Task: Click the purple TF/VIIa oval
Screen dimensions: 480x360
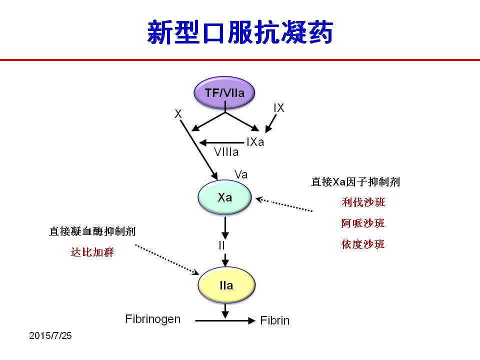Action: (x=224, y=93)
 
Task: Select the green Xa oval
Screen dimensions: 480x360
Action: (x=224, y=197)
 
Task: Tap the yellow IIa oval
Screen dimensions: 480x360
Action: (x=226, y=285)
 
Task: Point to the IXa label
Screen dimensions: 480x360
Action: (x=255, y=142)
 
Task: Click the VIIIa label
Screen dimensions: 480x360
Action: (x=226, y=152)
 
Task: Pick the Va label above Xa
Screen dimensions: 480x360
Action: (x=241, y=174)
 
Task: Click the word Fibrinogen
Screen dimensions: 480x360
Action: (x=153, y=319)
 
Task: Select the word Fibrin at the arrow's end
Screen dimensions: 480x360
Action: (x=274, y=320)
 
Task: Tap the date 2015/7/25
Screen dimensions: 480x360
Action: (x=50, y=335)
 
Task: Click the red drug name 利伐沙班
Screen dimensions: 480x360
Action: (x=363, y=202)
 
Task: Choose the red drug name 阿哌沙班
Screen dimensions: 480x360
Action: (x=363, y=223)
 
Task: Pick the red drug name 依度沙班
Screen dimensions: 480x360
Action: (x=363, y=244)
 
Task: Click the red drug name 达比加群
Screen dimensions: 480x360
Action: (x=92, y=252)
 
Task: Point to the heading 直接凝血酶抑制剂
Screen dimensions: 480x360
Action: (x=92, y=231)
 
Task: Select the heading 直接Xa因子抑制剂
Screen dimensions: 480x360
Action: (x=355, y=182)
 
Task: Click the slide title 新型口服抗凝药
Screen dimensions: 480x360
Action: (x=240, y=32)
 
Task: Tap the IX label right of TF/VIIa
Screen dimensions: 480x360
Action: (x=279, y=108)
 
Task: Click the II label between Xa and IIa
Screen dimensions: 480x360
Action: (x=221, y=245)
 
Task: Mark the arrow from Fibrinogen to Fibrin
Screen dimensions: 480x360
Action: (x=225, y=320)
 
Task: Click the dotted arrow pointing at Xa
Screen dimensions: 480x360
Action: (x=284, y=204)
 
